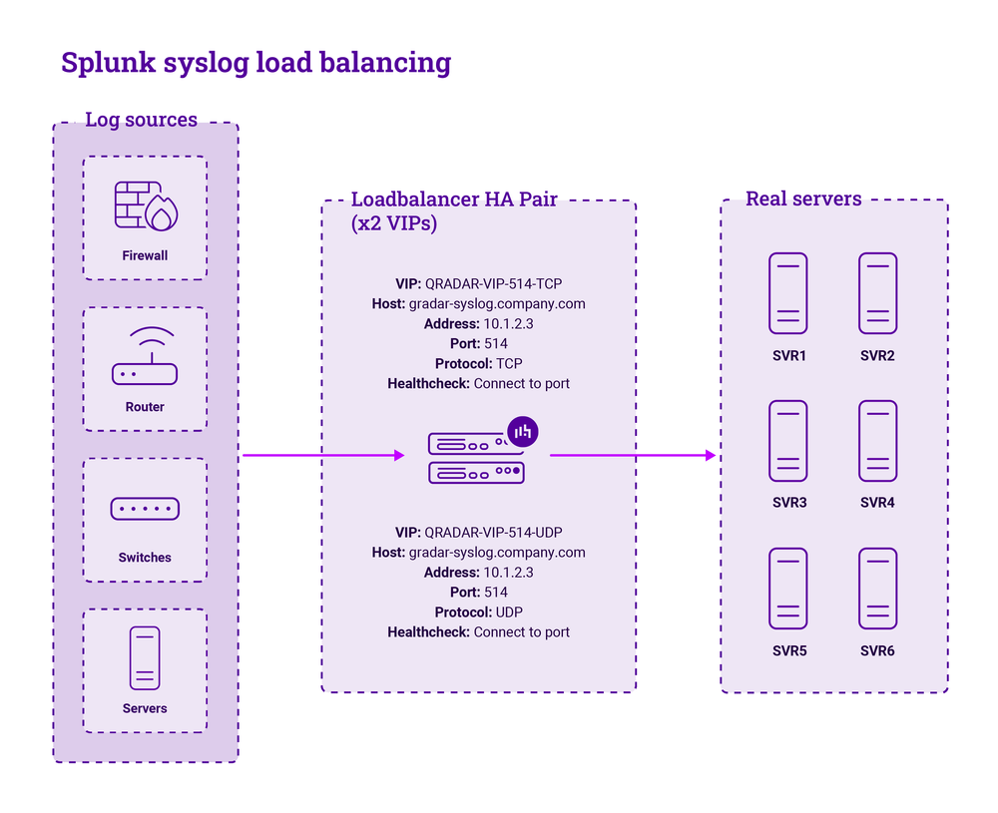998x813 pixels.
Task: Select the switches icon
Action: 145,509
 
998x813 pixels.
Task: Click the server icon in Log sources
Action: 145,658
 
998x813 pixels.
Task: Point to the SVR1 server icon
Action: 788,293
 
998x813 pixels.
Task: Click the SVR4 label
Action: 877,503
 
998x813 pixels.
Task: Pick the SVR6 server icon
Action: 877,589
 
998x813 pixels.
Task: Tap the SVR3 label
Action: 788,503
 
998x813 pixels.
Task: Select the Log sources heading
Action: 141,120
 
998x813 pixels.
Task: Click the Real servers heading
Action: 803,199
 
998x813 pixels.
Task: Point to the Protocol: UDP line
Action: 478,611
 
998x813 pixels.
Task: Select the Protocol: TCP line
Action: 478,363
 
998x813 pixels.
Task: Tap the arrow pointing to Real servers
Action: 634,456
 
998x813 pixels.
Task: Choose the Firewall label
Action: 145,255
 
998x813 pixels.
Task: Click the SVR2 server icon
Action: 877,293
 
